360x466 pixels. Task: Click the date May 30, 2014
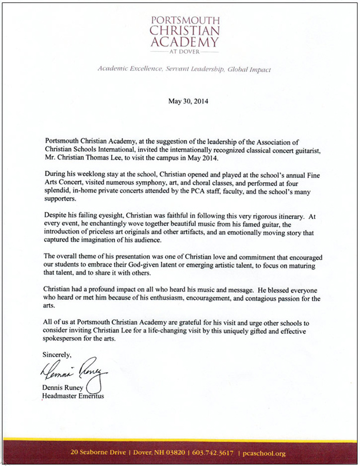click(x=188, y=101)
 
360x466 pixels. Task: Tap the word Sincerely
click(x=56, y=354)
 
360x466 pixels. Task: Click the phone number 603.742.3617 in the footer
click(x=211, y=454)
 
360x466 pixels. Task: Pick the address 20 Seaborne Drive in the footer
click(x=97, y=454)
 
